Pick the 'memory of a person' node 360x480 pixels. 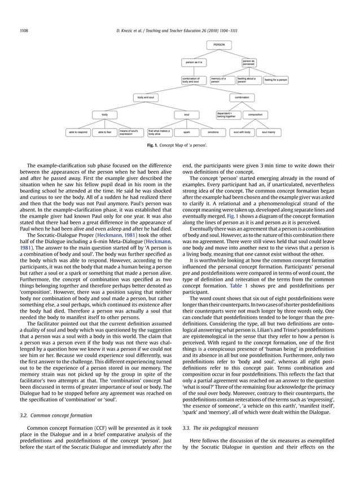pyautogui.click(x=221, y=80)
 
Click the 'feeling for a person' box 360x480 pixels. pyautogui.click(x=276, y=80)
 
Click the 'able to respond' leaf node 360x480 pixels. pyautogui.click(x=78, y=133)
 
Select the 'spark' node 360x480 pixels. pyautogui.click(x=186, y=133)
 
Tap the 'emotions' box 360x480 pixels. pyautogui.click(x=213, y=133)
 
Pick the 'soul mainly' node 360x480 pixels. pyautogui.click(x=269, y=133)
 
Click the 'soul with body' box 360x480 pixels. pyautogui.click(x=242, y=133)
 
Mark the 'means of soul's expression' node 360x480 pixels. pyautogui.click(x=130, y=133)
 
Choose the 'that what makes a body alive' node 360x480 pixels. pyautogui.click(x=159, y=133)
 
